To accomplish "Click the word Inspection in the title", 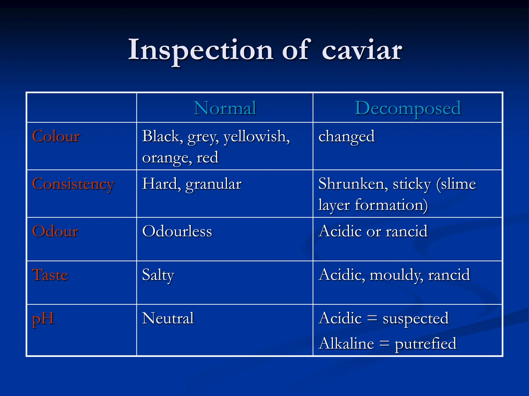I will tap(200, 50).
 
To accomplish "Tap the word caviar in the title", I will tap(362, 50).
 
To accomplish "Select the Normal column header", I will tap(225, 108).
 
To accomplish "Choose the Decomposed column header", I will tap(408, 108).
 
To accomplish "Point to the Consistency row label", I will tap(73, 184).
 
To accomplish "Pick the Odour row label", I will tap(55, 231).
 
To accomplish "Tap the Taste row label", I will tap(50, 275).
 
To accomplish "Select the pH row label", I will tap(43, 319).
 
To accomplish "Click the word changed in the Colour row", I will tap(346, 137).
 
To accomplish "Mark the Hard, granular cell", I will tap(192, 184).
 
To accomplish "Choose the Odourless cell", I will tap(177, 231).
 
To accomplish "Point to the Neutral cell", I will tap(168, 318).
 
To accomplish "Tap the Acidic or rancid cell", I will tap(373, 231).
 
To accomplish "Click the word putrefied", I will tap(425, 344).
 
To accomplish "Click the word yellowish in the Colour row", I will tap(256, 137).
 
